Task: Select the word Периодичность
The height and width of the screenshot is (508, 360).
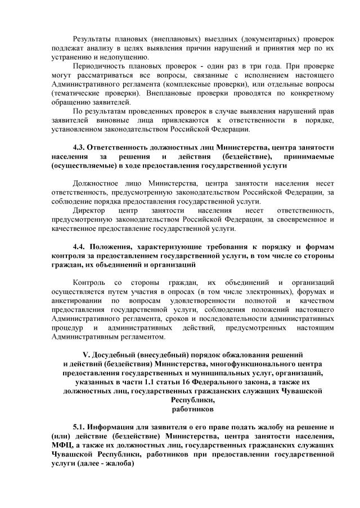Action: pos(103,67)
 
